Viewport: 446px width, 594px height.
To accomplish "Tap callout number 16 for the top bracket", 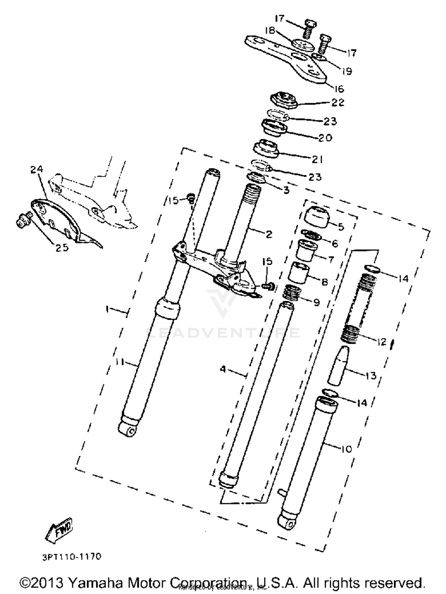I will [339, 89].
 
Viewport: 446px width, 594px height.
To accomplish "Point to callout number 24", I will [37, 169].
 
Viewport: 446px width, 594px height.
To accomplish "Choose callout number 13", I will [371, 376].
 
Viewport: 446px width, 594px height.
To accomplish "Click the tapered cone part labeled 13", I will [338, 365].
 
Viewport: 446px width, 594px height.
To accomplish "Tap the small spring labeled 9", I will [292, 293].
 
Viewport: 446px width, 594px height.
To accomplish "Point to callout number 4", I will [223, 369].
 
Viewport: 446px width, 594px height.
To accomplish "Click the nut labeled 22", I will [284, 100].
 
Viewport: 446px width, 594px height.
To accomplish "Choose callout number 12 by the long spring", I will [381, 342].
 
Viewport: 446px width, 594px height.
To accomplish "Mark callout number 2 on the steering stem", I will [269, 235].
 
